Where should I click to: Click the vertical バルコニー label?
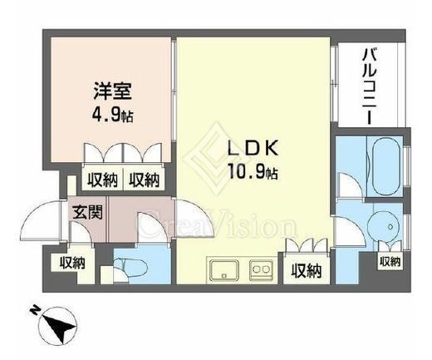click(366, 86)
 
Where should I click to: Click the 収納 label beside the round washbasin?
click(390, 263)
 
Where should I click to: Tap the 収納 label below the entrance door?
click(71, 264)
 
